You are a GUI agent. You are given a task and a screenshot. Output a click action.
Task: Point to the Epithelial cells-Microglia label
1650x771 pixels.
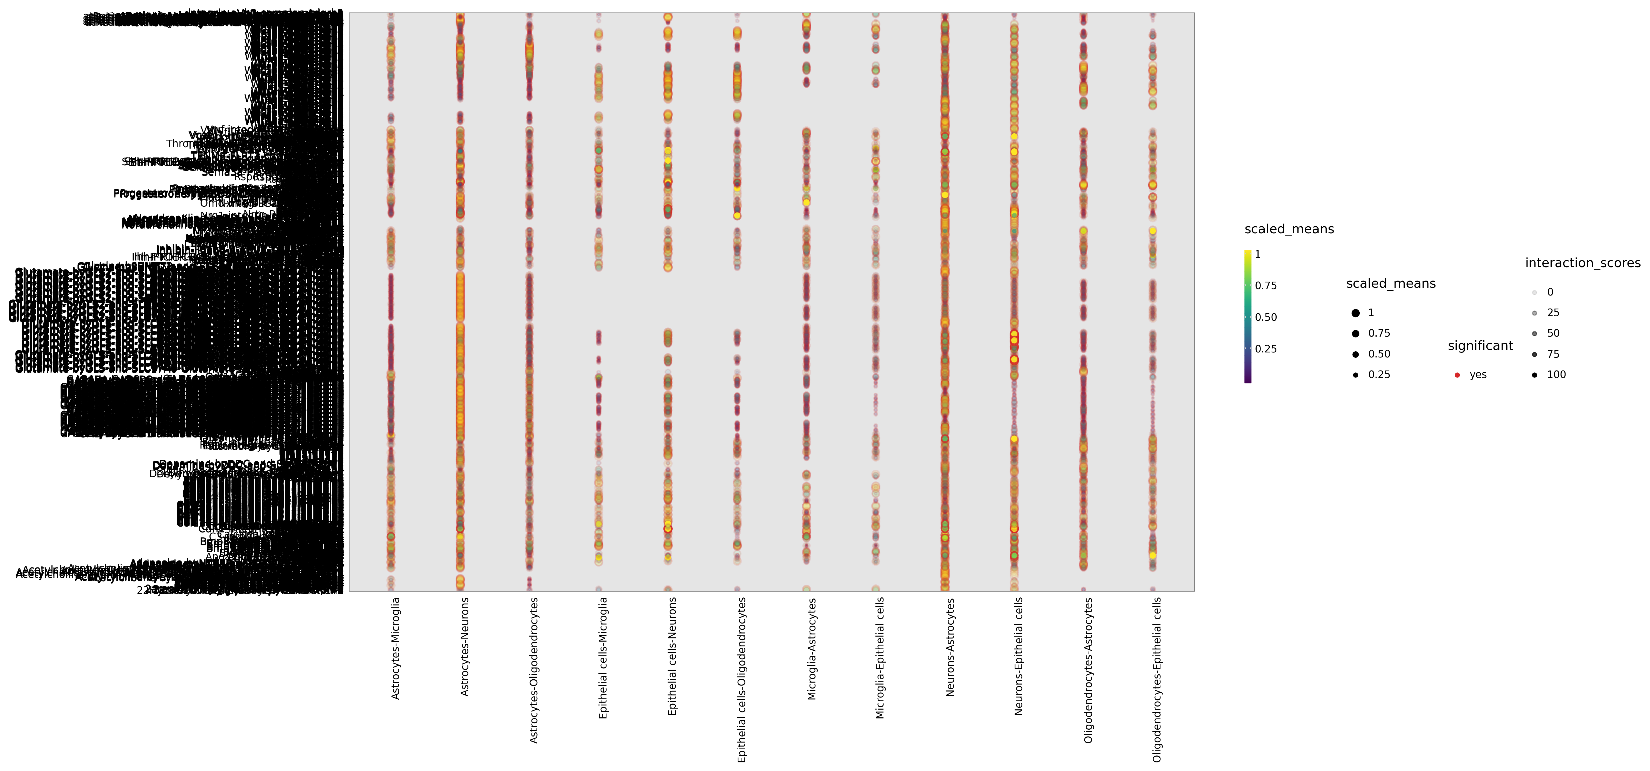603,658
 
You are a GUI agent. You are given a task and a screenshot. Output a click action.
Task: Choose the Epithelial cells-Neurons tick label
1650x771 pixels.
672,656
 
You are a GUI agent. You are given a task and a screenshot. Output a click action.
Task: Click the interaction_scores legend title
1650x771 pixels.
1582,263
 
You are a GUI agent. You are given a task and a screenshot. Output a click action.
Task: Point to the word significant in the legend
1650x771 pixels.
1480,346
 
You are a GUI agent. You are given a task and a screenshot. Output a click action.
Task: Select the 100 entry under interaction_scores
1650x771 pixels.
1556,375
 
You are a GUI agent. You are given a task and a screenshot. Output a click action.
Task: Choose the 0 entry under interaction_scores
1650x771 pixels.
1549,292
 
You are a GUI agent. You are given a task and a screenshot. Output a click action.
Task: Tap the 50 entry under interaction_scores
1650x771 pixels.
1553,333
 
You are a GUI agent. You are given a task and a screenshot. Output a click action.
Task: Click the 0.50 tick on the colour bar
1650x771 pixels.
1266,317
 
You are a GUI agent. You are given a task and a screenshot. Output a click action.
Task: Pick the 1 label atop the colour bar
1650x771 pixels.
1257,254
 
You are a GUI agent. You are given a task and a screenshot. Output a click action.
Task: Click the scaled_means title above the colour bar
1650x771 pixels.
1289,229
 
